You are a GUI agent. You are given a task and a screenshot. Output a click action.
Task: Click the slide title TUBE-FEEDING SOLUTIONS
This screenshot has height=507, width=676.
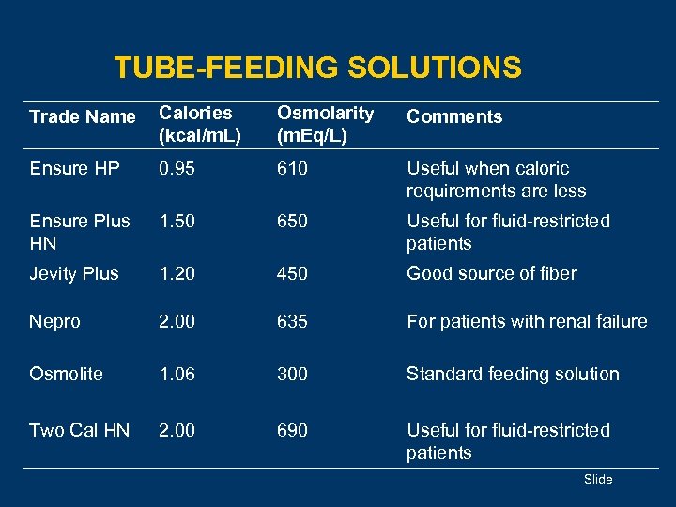point(317,68)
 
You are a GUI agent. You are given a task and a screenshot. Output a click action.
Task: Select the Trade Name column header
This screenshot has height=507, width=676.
point(83,117)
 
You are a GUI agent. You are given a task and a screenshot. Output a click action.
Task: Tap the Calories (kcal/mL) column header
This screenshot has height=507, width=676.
point(200,124)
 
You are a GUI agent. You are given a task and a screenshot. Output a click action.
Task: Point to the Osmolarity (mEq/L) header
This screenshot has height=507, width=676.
point(325,124)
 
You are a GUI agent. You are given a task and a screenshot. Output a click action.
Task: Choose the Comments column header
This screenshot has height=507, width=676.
point(454,117)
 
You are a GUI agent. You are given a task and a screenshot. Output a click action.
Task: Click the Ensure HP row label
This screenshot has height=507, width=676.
point(74,169)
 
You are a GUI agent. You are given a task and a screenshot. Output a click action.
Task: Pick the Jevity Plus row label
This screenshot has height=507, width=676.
point(74,274)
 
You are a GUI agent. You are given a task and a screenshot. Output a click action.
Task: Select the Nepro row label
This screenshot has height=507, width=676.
point(54,321)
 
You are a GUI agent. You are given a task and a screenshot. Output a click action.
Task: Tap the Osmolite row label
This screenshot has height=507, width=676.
point(66,374)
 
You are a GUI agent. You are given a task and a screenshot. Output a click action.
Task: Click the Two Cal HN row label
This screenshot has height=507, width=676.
point(80,430)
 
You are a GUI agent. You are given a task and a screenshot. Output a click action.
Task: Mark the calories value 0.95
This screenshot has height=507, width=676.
point(177,169)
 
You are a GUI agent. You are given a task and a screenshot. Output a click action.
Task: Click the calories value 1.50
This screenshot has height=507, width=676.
point(177,222)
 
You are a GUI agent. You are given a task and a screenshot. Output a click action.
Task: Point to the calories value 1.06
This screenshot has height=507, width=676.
point(177,374)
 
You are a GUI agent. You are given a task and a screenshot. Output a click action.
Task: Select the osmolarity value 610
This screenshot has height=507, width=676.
point(292,169)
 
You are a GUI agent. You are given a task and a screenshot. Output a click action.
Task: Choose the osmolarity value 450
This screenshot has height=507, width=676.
point(292,274)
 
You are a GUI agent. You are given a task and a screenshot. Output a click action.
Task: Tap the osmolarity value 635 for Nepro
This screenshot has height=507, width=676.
point(292,321)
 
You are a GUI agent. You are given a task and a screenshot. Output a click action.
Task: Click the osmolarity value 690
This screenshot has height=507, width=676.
point(292,430)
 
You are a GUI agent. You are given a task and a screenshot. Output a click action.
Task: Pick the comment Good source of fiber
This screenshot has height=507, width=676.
point(491,274)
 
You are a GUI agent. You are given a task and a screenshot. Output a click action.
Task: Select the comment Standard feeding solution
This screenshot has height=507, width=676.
point(513,374)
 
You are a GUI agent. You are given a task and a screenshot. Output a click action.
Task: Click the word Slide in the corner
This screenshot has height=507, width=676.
point(598,480)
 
